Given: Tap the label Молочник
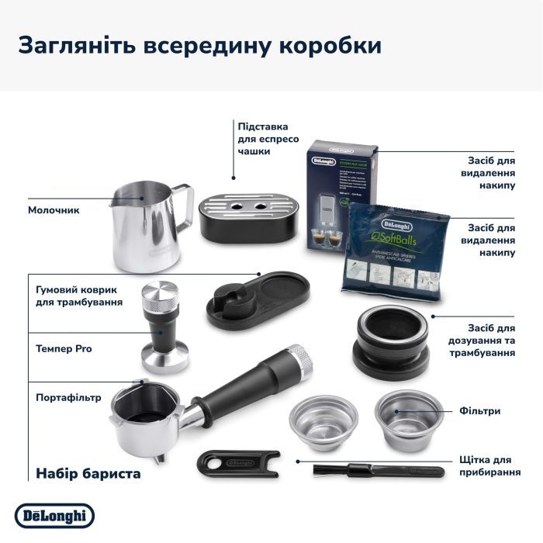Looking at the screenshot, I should coord(54,210).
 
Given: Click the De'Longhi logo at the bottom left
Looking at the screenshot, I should coord(54,515).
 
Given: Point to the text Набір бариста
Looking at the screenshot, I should coord(88,472).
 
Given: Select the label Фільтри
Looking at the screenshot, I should coord(479,411).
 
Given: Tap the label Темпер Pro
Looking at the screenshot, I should coord(64,349).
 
